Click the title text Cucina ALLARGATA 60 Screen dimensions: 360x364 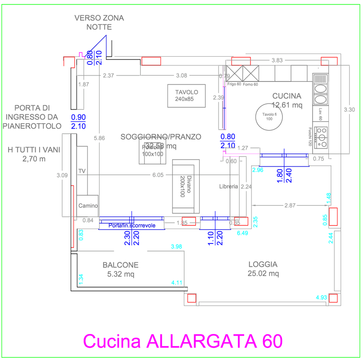coord(183,341)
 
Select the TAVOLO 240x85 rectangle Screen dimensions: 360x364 coord(187,95)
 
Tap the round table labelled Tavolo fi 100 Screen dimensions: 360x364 coord(268,116)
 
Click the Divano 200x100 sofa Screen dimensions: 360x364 coord(186,186)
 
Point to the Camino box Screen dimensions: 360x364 coord(88,206)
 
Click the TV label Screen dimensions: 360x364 coord(82,171)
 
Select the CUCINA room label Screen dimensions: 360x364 coord(287,96)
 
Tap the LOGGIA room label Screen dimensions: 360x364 coord(263,265)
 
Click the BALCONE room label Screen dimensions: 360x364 coord(120,265)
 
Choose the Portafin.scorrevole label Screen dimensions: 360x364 coord(132,225)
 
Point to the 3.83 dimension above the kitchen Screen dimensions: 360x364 coord(277,60)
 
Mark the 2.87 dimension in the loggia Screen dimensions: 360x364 coord(290,205)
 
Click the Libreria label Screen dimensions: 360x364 coord(228,186)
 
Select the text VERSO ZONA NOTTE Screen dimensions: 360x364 coord(99,22)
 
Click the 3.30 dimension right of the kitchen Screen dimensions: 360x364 coord(350,109)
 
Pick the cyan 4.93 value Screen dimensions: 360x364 coord(321,297)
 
